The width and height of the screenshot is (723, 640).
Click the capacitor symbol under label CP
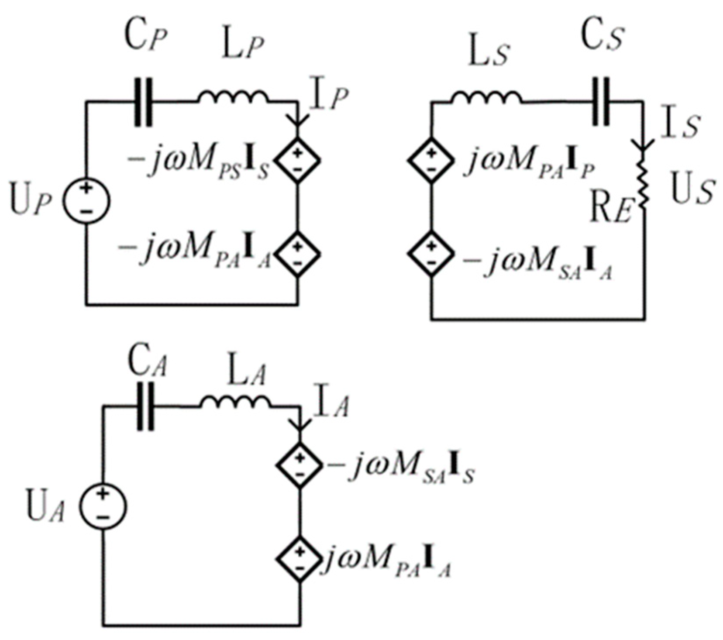144,102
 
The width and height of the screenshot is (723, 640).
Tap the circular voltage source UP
86,200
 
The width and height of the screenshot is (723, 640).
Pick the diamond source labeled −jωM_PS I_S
298,159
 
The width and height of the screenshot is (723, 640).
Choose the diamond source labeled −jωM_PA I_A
298,254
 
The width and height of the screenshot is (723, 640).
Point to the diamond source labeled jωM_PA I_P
430,159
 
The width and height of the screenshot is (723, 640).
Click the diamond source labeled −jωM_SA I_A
430,254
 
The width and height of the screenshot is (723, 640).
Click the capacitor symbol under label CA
145,406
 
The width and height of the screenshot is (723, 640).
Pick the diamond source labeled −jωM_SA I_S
300,465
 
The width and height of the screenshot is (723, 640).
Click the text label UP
31,202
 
